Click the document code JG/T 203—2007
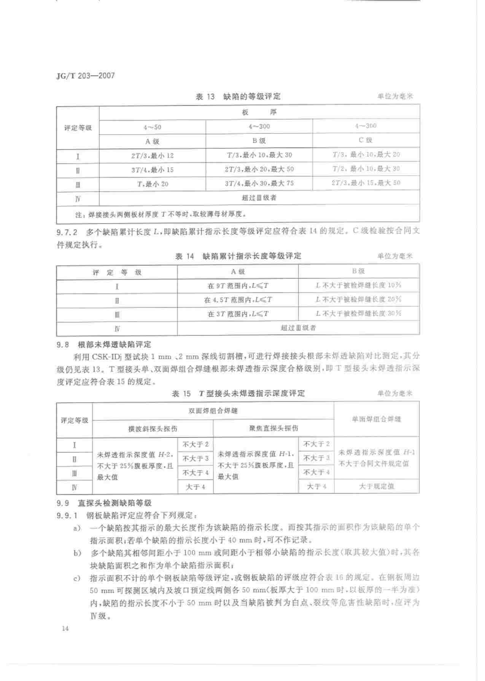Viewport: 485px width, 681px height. click(85, 76)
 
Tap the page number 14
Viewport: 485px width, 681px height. click(65, 629)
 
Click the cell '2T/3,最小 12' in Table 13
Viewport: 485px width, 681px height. click(152, 156)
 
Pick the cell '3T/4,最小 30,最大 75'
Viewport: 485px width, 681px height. click(259, 184)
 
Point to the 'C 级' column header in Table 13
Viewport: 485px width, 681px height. click(366, 140)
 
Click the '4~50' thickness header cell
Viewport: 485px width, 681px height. click(152, 127)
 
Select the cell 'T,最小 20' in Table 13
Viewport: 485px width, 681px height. click(152, 184)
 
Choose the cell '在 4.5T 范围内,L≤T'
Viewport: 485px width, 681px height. click(238, 300)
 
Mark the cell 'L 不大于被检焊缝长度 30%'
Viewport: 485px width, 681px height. click(359, 314)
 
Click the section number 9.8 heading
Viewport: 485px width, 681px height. click(63, 345)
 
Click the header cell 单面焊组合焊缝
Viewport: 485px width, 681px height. click(376, 419)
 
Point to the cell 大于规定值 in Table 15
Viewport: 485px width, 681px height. click(377, 486)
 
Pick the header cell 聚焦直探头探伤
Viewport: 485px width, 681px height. click(274, 429)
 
